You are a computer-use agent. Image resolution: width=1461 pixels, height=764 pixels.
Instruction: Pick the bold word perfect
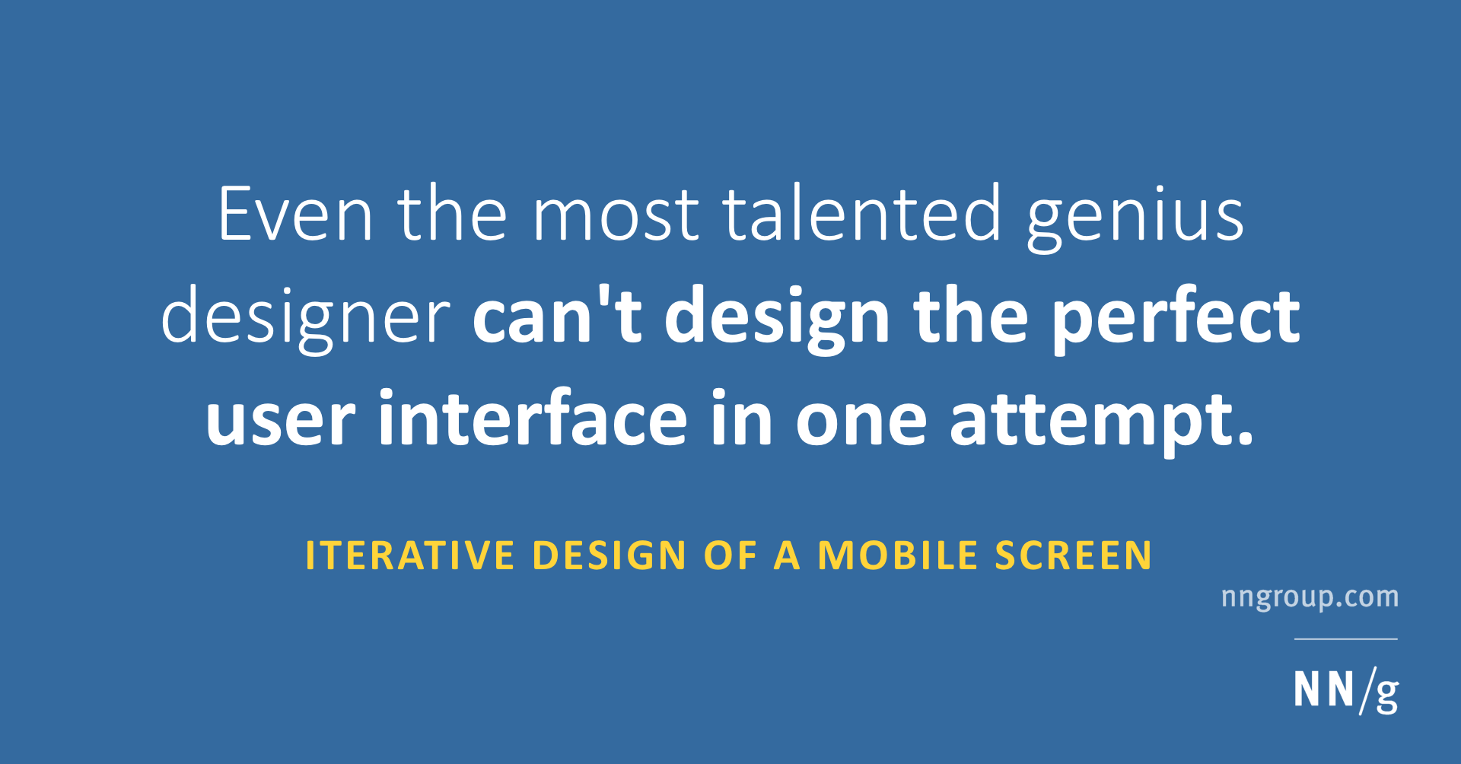(1176, 318)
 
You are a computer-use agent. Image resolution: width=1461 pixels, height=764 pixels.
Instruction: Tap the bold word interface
(533, 418)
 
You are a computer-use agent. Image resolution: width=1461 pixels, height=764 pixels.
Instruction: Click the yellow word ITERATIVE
(410, 555)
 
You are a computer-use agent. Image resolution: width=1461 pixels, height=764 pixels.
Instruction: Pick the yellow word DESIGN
(610, 555)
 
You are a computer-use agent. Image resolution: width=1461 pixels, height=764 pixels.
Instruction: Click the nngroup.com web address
(1310, 597)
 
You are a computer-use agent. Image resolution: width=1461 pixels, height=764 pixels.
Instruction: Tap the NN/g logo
(1345, 690)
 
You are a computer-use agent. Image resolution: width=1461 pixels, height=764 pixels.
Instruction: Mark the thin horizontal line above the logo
(1345, 639)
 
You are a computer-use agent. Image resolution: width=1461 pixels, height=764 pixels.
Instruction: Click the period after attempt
(1245, 438)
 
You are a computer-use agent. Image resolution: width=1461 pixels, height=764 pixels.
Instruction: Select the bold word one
(861, 421)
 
